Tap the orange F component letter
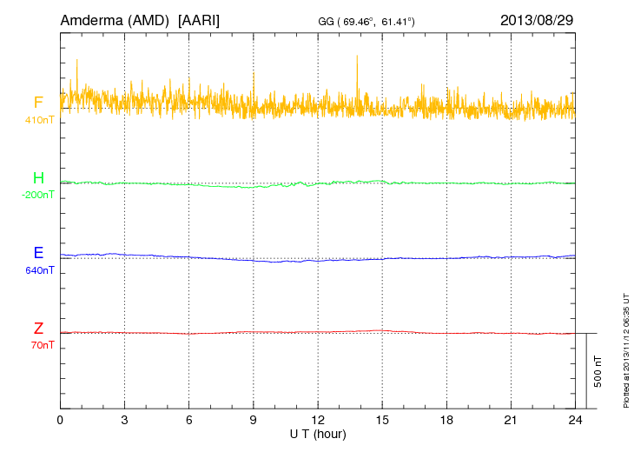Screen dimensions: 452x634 tap(38, 103)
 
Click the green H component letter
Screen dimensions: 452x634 tap(38, 178)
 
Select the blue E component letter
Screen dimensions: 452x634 tap(38, 254)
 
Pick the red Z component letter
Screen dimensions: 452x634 tap(38, 329)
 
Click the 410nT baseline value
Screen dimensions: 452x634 tap(39, 119)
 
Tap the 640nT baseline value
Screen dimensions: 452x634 tap(39, 270)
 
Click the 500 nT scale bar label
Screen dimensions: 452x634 tap(598, 371)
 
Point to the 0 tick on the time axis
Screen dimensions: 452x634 tap(60, 420)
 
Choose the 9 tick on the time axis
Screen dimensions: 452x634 tap(254, 420)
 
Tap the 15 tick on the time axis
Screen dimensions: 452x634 tap(382, 420)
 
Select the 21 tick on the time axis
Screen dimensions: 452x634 tap(511, 420)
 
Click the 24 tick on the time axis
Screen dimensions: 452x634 tap(575, 420)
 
